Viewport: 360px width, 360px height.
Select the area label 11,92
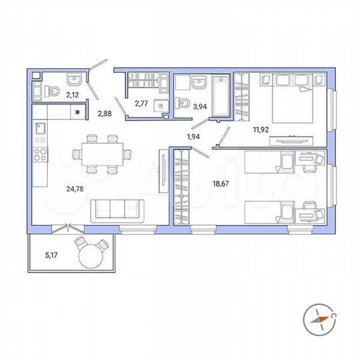coord(261,131)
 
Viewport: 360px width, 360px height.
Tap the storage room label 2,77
coord(141,105)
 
